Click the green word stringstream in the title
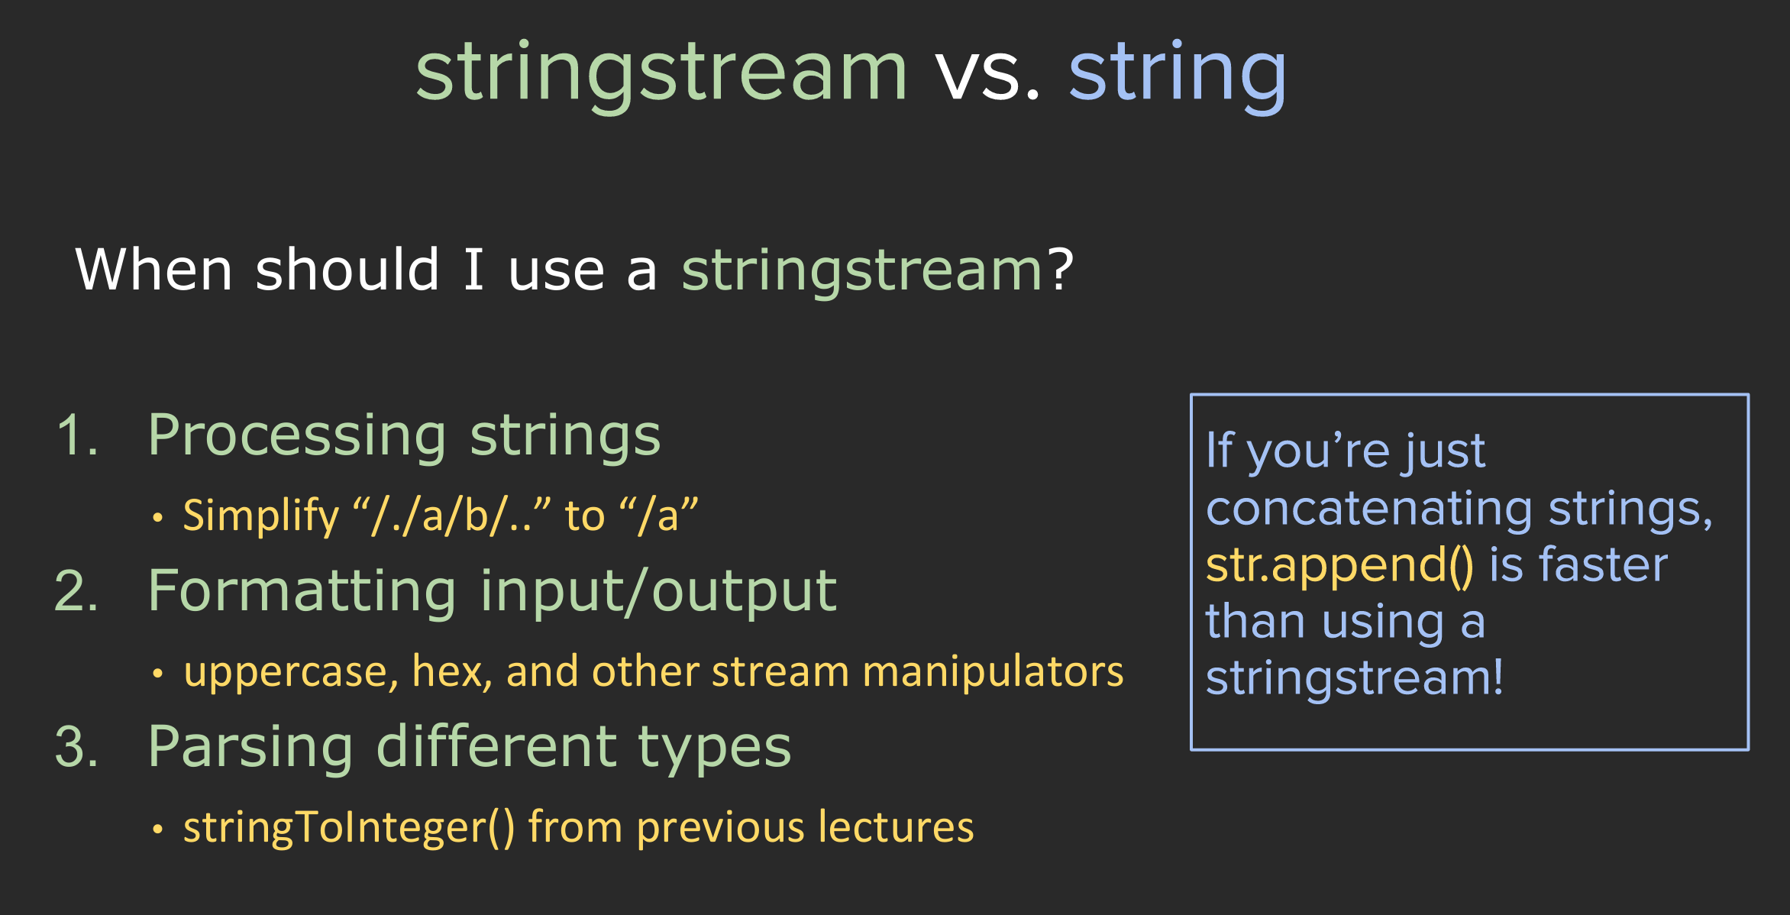point(661,72)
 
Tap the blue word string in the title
point(1178,73)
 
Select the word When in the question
point(153,270)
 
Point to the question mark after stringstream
point(1061,270)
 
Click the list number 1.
point(77,435)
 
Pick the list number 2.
point(76,591)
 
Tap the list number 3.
point(76,747)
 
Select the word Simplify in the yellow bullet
point(260,516)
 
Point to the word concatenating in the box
point(1369,509)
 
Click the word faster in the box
point(1602,564)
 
